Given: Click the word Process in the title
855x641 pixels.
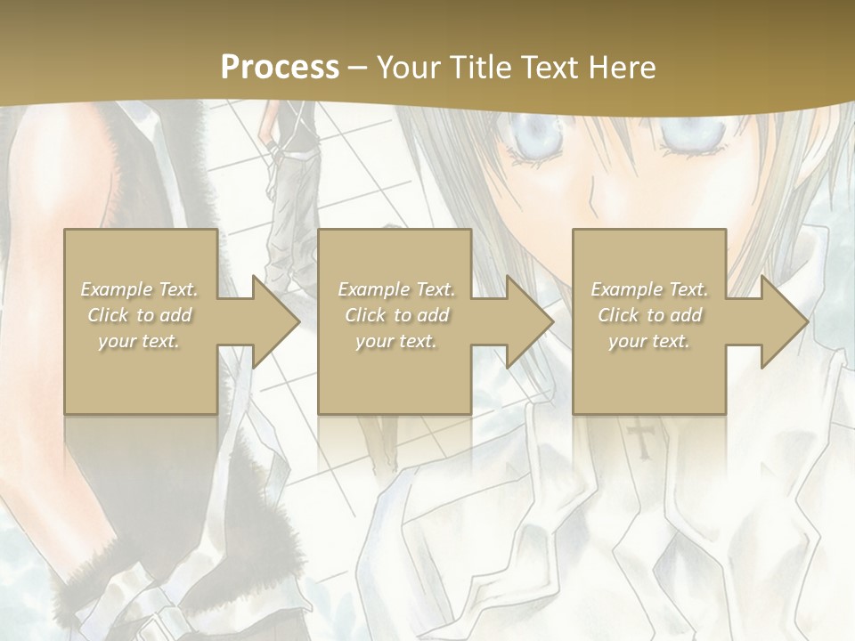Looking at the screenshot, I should (x=280, y=68).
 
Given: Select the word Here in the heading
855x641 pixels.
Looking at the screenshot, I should (x=622, y=68).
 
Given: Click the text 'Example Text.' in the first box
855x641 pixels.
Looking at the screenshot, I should (x=140, y=289).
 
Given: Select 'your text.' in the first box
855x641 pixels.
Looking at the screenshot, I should (x=140, y=341).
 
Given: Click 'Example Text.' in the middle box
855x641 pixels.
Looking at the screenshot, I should (x=396, y=289).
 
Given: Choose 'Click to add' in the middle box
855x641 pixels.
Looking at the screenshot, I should (x=396, y=315).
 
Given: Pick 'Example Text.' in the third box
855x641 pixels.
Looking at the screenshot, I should (x=649, y=289).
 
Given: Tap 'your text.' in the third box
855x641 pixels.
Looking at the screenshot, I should (x=649, y=341).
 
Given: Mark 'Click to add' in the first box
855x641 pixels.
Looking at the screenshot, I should (x=140, y=315).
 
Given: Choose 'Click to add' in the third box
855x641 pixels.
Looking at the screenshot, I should (x=649, y=315).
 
